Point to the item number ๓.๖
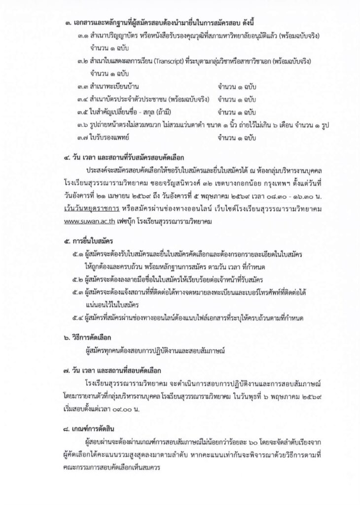pyautogui.click(x=83, y=125)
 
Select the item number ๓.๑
pyautogui.click(x=83, y=37)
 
